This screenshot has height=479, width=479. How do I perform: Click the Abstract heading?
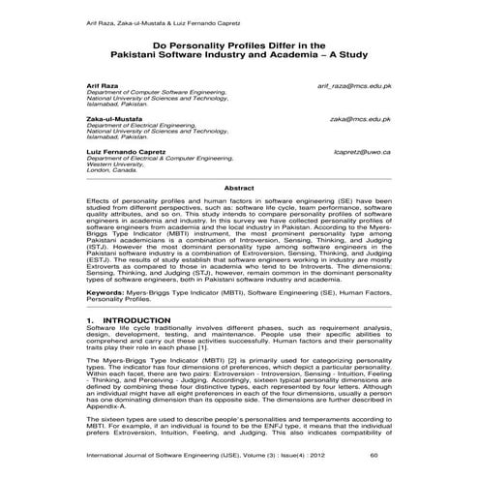pyautogui.click(x=239, y=187)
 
